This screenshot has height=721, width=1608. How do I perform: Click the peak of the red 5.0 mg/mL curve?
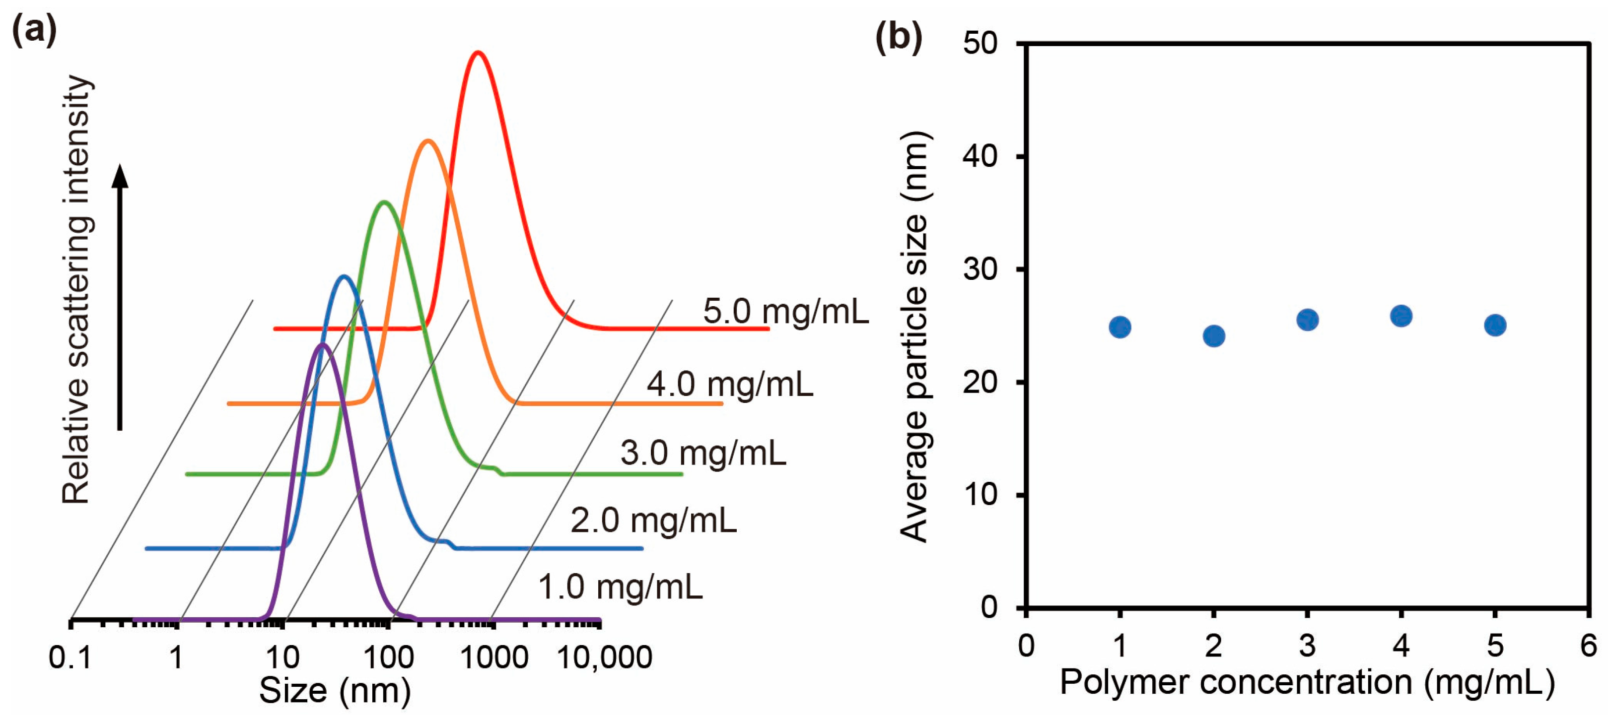click(478, 53)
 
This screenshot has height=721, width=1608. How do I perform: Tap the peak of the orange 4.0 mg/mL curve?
click(427, 141)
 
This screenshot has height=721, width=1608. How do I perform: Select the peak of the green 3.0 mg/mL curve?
click(384, 202)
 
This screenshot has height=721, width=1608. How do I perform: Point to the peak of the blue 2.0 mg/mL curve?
click(344, 276)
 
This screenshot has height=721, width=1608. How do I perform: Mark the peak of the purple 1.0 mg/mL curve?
click(323, 345)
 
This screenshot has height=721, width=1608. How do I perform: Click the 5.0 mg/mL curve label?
click(785, 311)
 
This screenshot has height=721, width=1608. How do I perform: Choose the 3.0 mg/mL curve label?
click(703, 453)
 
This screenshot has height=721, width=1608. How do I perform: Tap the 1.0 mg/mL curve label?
click(620, 587)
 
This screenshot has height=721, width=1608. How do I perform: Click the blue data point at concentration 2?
click(1213, 336)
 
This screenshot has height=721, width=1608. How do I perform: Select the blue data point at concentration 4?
click(1401, 316)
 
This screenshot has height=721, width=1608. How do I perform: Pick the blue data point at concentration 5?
click(1495, 325)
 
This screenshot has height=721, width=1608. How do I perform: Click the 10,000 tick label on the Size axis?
click(604, 658)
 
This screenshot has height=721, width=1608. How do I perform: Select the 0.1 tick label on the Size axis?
click(70, 658)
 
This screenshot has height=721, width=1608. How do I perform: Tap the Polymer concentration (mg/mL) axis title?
click(1307, 682)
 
